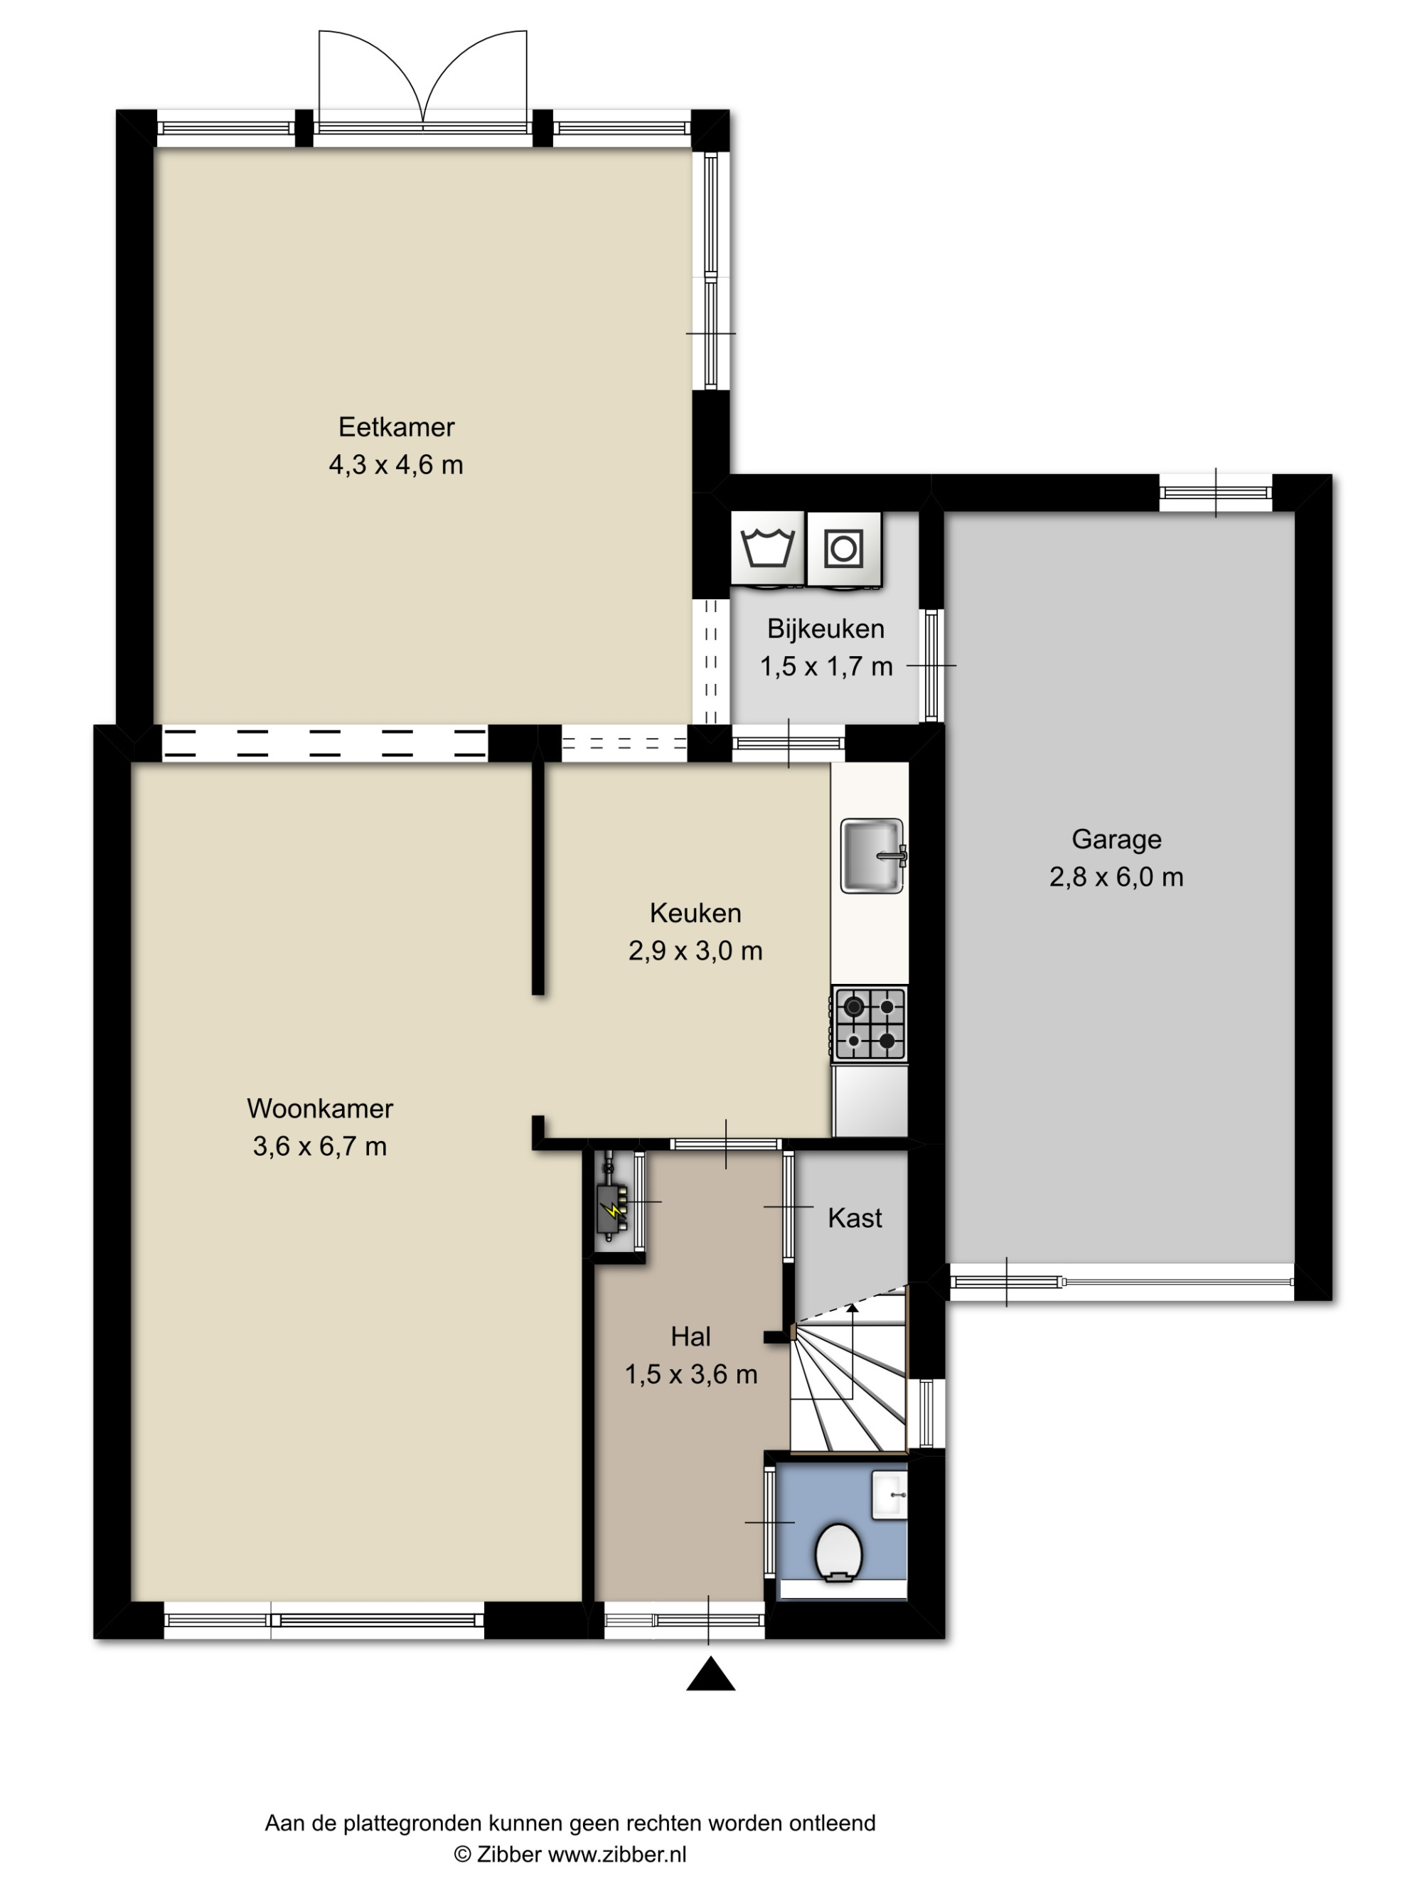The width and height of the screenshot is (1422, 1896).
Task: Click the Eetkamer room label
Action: (396, 427)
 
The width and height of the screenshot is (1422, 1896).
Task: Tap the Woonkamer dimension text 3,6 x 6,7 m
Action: (320, 1146)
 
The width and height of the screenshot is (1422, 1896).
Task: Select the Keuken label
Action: (695, 913)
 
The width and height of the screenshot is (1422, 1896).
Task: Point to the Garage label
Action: (1116, 839)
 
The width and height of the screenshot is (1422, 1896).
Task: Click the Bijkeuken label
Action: (825, 629)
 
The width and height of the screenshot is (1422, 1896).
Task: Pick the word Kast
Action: (855, 1218)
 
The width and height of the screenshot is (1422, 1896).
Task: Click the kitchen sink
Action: (872, 855)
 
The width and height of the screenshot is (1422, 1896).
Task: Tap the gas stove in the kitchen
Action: (869, 1024)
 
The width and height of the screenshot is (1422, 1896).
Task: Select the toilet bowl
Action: (838, 1553)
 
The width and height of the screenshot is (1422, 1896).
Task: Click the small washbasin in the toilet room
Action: (889, 1496)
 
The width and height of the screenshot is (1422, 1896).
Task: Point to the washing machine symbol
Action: (768, 547)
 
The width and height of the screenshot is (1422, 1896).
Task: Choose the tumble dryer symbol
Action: (844, 547)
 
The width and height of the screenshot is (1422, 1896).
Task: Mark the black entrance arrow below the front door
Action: (710, 1673)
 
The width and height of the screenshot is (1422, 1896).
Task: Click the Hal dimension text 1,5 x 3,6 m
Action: (691, 1374)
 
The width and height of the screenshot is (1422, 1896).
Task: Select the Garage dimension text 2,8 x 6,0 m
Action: (1116, 877)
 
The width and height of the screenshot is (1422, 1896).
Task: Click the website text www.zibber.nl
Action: (617, 1854)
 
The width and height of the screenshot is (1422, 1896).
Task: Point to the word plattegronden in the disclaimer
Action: (412, 1823)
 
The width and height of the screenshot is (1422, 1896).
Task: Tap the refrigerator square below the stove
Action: (870, 1100)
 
